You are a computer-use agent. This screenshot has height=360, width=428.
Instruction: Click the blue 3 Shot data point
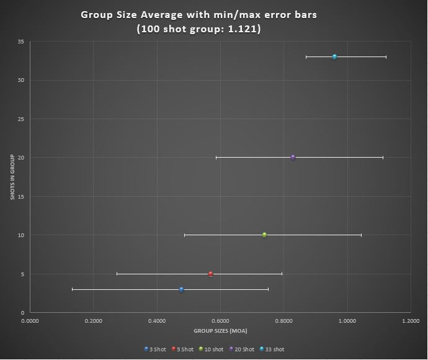[181, 289]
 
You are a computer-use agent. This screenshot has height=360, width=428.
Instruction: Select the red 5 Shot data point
[211, 274]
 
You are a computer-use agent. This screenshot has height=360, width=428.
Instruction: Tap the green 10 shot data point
[264, 235]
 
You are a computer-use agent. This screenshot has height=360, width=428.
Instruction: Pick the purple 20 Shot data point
[293, 158]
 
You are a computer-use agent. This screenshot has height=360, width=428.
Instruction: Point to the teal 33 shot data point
[334, 57]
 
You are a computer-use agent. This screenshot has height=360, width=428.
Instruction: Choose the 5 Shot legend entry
[183, 349]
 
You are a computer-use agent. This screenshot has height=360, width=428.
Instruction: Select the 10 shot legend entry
[211, 349]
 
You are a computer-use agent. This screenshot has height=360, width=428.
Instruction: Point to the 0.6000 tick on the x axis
[220, 321]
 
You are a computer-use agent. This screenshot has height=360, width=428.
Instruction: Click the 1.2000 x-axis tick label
[410, 321]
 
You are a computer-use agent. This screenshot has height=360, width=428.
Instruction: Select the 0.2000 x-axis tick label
[93, 321]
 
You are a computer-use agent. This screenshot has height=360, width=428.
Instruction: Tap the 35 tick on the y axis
[21, 42]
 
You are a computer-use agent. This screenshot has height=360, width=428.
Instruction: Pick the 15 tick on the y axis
[21, 197]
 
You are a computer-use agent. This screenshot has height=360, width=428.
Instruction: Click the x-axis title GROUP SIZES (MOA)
[220, 331]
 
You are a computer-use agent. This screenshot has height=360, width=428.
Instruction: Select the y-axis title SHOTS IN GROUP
[12, 177]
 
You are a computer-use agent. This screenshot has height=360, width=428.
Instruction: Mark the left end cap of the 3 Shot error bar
[73, 289]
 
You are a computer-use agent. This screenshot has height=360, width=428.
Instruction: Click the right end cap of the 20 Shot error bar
[383, 158]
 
